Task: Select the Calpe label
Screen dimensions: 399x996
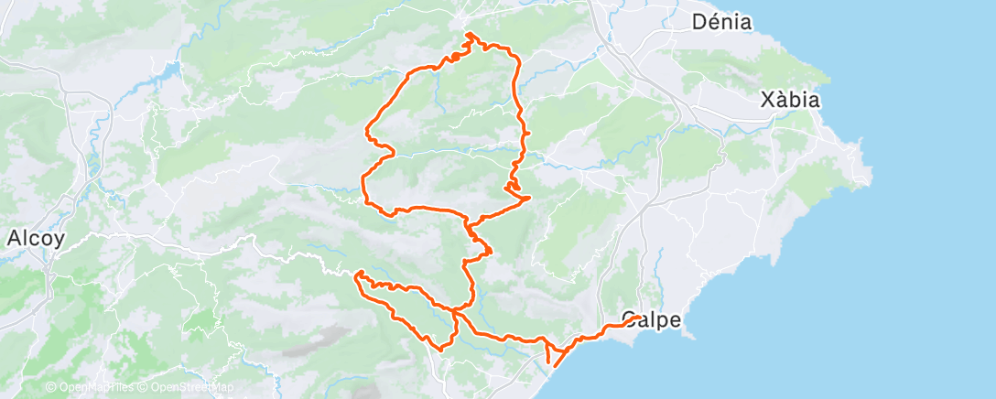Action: (650, 320)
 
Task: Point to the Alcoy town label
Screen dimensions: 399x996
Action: (35, 239)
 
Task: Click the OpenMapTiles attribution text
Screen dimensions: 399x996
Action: (93, 387)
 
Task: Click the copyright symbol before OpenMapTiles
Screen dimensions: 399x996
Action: (50, 387)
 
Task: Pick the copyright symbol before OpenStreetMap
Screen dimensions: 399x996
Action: (145, 387)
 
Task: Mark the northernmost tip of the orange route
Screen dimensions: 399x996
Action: (469, 34)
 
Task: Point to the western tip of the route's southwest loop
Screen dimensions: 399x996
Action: (357, 274)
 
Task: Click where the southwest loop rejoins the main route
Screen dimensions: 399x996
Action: (455, 312)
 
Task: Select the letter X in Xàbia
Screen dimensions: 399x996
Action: (769, 101)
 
